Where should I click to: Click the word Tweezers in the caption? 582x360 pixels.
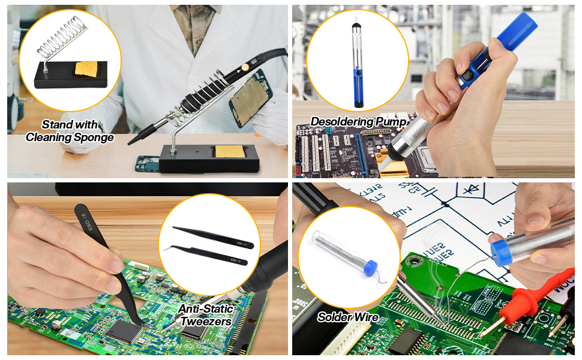tap(206, 321)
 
